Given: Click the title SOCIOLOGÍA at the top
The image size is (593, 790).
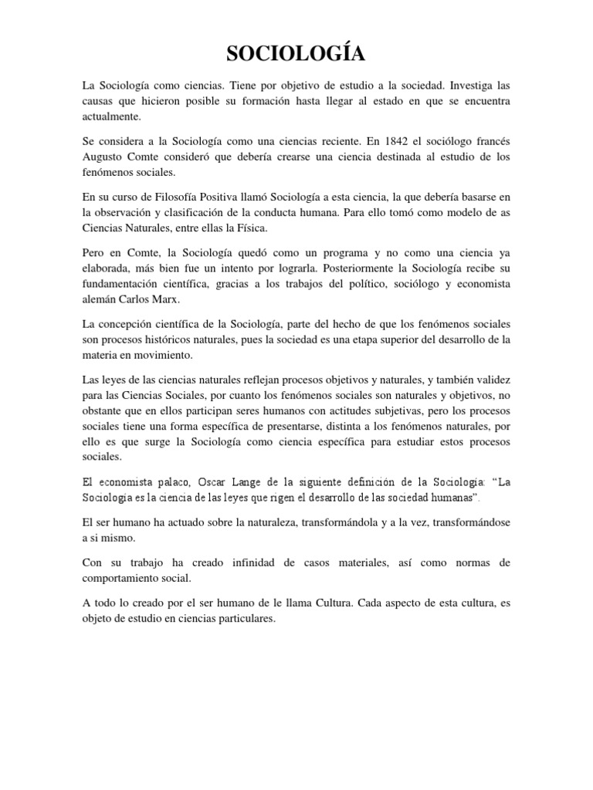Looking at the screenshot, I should [296, 54].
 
